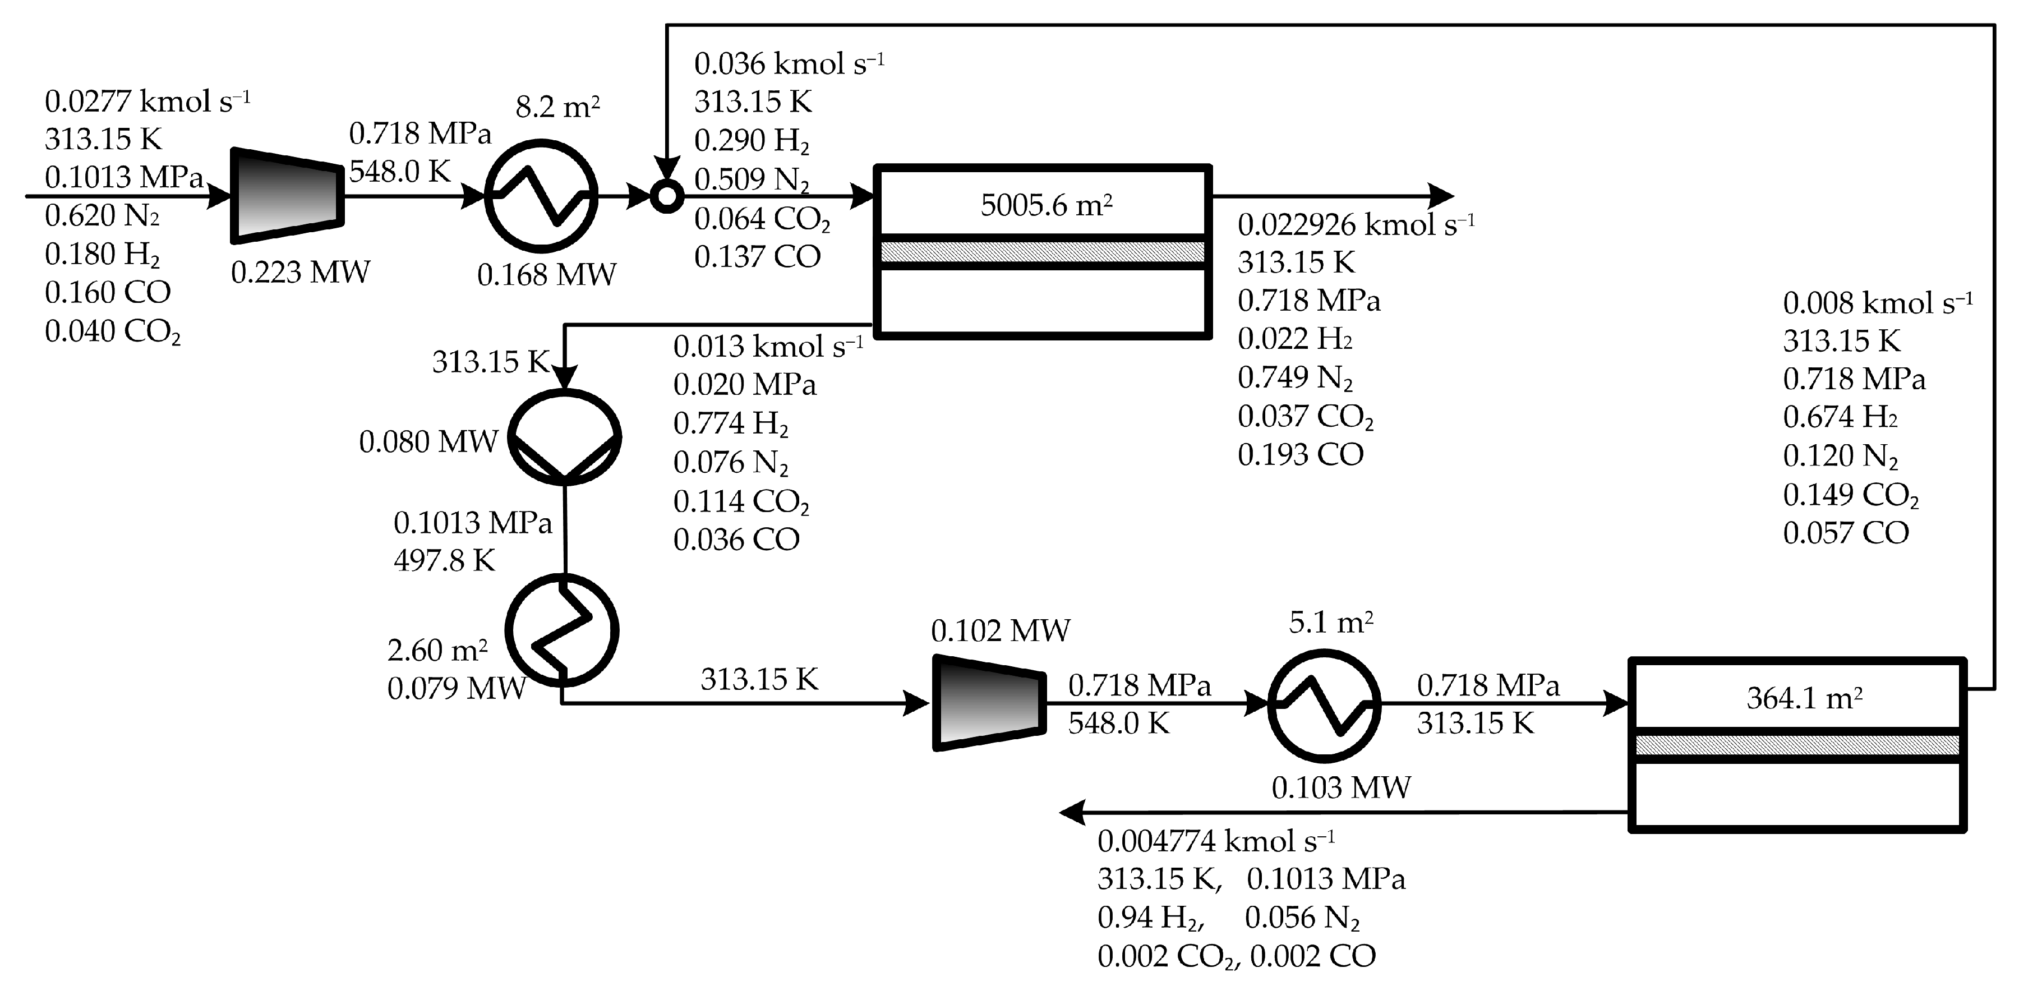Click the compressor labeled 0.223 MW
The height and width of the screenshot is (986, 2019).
[287, 196]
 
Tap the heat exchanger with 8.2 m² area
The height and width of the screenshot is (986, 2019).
[541, 196]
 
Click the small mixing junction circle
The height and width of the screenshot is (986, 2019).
[666, 197]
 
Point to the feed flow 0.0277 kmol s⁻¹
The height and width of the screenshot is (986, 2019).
[147, 101]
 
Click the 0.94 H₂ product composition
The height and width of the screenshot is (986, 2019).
[1149, 918]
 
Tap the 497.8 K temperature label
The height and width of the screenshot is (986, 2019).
[444, 560]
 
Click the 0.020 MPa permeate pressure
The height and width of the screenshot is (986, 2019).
[745, 385]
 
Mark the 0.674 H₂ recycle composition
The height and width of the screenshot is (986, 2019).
[1840, 417]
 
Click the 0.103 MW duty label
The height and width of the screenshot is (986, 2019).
[1340, 787]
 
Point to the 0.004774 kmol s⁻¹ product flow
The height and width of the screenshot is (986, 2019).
[1215, 841]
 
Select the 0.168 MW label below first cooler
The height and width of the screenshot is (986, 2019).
[546, 274]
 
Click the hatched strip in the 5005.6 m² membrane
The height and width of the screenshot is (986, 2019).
[1043, 252]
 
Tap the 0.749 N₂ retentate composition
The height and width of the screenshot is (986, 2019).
[1295, 378]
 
